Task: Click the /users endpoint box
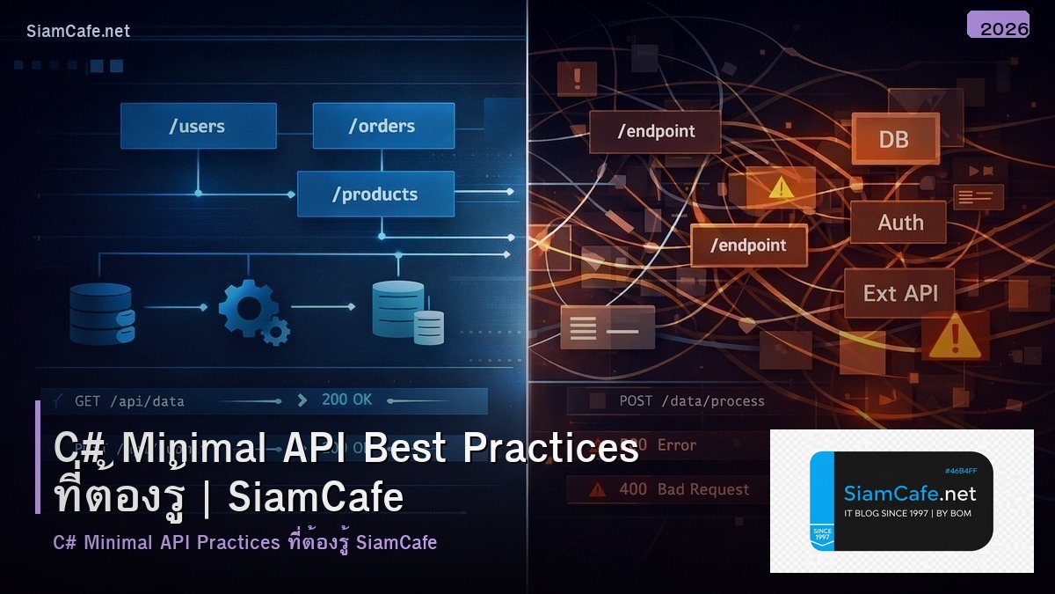pyautogui.click(x=198, y=126)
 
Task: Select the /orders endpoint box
pyautogui.click(x=383, y=126)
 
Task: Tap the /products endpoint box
pyautogui.click(x=375, y=194)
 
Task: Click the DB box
pyautogui.click(x=893, y=139)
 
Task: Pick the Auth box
pyautogui.click(x=899, y=222)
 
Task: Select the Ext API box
pyautogui.click(x=900, y=293)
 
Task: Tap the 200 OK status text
pyautogui.click(x=347, y=400)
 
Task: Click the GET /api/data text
pyautogui.click(x=129, y=401)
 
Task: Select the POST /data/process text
pyautogui.click(x=691, y=401)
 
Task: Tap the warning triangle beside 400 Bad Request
pyautogui.click(x=598, y=490)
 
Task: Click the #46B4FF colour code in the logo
pyautogui.click(x=961, y=471)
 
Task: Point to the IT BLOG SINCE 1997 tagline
pyautogui.click(x=907, y=513)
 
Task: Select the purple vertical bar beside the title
pyautogui.click(x=38, y=457)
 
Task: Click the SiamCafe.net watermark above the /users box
pyautogui.click(x=78, y=31)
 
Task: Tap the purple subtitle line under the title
pyautogui.click(x=244, y=542)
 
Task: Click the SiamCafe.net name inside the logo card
pyautogui.click(x=910, y=493)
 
